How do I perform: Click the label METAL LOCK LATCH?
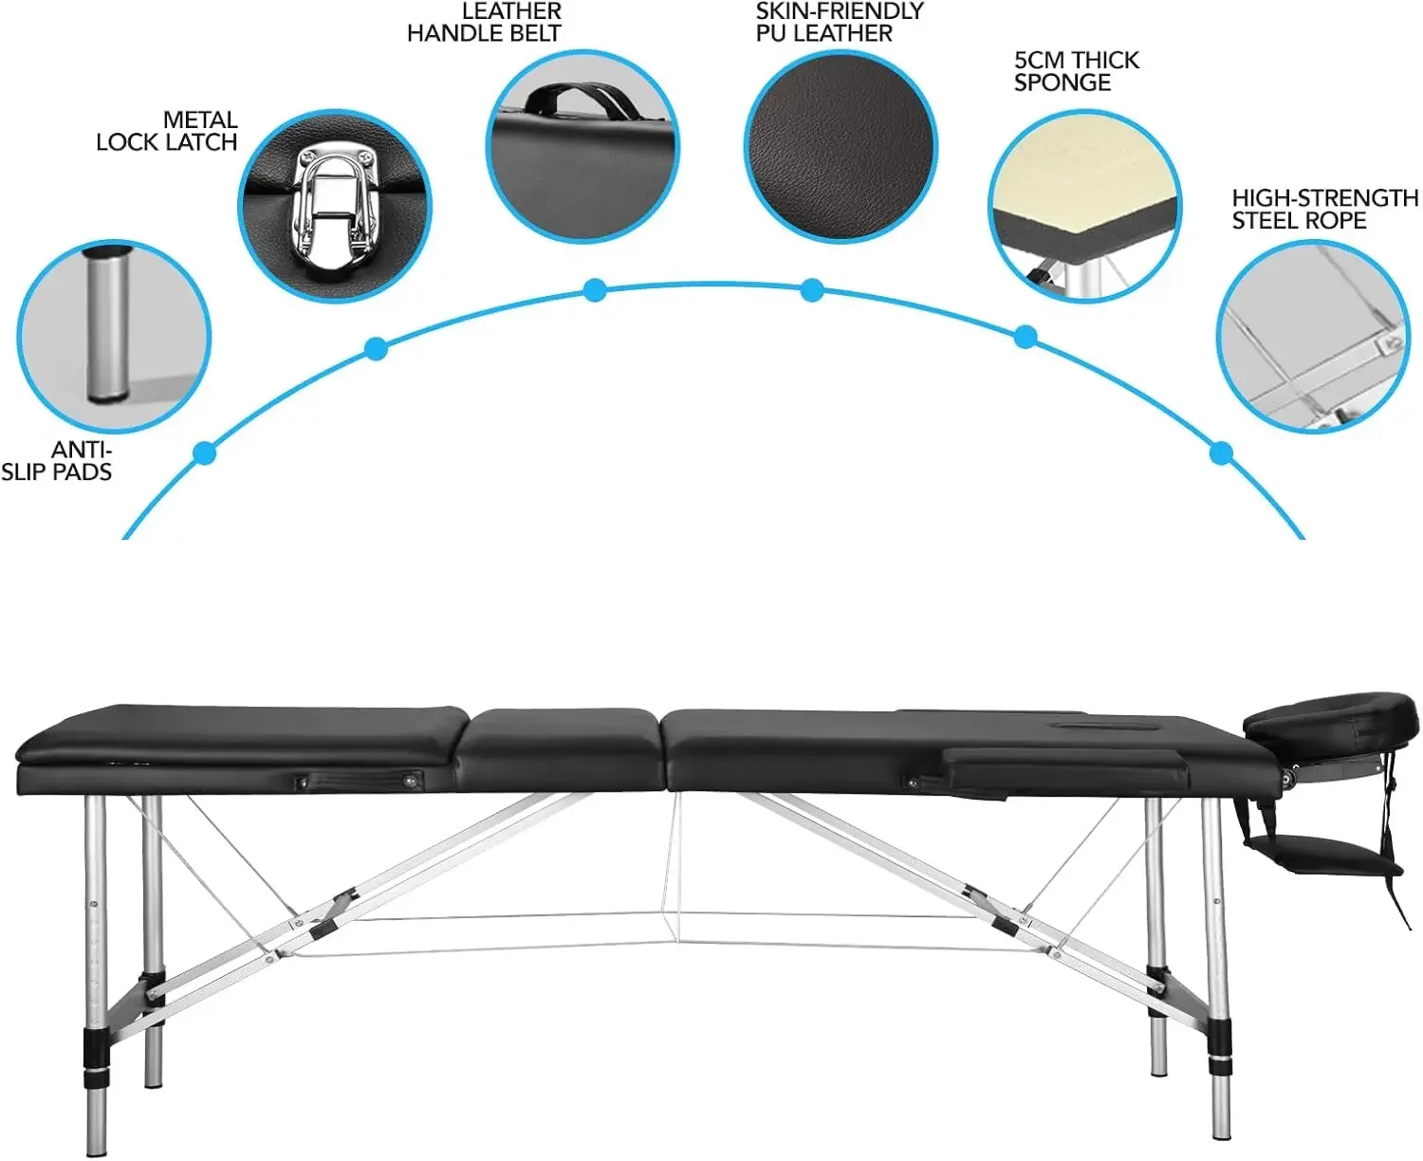(x=168, y=131)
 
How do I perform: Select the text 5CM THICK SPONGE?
(x=1076, y=71)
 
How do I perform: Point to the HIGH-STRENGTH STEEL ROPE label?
(x=1324, y=209)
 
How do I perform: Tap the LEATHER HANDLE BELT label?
(x=485, y=23)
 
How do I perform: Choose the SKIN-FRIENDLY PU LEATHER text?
(x=839, y=23)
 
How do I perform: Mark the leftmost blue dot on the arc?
(x=204, y=452)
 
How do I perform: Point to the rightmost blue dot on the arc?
(x=1222, y=453)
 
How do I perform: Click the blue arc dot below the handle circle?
(x=595, y=290)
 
